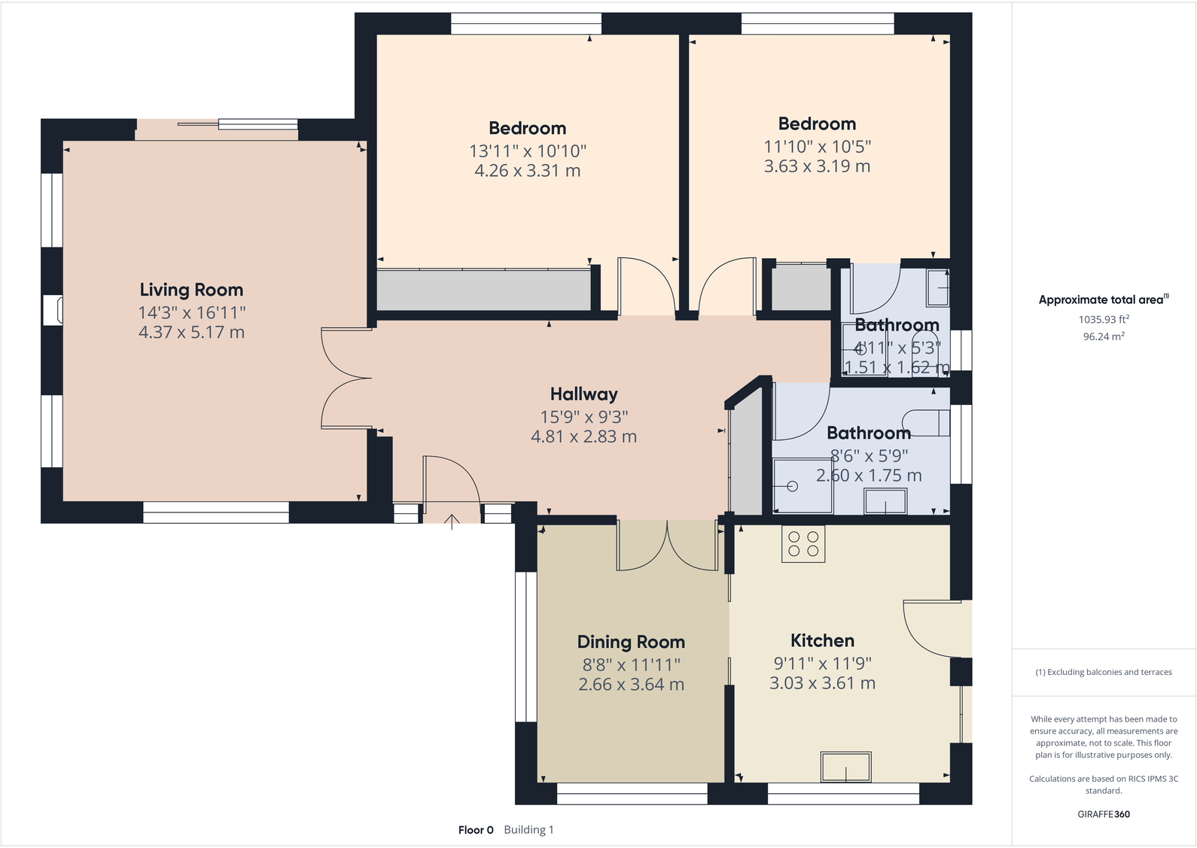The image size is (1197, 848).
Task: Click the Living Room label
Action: click(191, 290)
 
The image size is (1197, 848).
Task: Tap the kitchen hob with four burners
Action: click(803, 544)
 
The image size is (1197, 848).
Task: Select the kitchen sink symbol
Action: click(845, 767)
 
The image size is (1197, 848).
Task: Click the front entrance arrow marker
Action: click(452, 521)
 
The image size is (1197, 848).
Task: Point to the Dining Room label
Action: click(631, 642)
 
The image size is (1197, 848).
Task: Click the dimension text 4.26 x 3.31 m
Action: click(527, 171)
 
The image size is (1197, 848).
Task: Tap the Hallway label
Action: click(583, 394)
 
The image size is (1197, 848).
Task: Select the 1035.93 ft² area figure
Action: click(1103, 320)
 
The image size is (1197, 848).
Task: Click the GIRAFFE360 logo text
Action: click(1103, 814)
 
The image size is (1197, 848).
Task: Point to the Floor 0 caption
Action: click(476, 830)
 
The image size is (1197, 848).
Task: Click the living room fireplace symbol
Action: click(53, 310)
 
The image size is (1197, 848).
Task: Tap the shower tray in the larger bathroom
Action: click(803, 486)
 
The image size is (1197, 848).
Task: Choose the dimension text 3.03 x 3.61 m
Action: click(822, 683)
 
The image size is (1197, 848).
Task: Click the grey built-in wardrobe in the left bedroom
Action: click(483, 290)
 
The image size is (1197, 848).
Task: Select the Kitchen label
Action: click(822, 640)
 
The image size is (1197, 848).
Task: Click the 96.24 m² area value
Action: click(1103, 336)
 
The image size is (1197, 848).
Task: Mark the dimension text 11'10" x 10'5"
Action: click(817, 147)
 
